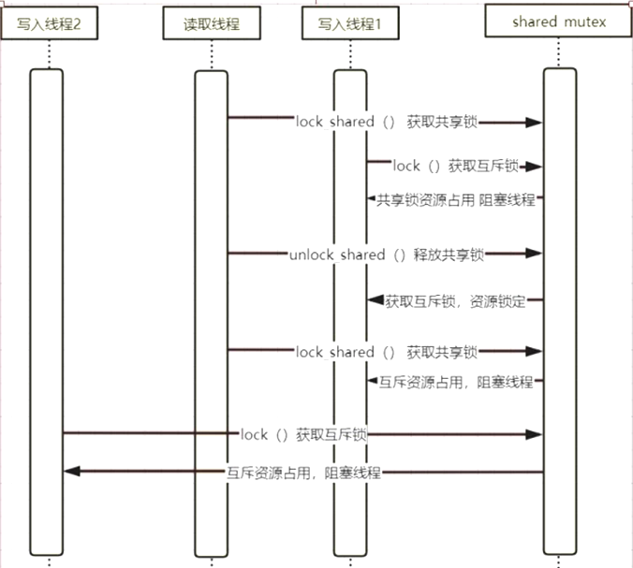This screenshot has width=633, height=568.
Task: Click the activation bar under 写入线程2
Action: [x=47, y=309]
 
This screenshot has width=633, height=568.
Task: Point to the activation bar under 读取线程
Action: [x=212, y=309]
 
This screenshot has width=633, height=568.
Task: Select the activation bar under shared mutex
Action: [x=559, y=309]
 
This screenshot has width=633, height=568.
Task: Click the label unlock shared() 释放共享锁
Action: [x=388, y=254]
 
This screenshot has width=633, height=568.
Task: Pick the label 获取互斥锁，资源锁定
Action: [x=456, y=300]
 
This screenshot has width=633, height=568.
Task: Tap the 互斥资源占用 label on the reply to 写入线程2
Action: [x=304, y=472]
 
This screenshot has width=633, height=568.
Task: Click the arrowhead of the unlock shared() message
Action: [x=535, y=253]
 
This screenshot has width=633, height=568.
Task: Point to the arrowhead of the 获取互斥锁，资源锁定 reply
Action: [x=375, y=301]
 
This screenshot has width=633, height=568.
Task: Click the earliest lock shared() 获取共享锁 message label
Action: [x=387, y=122]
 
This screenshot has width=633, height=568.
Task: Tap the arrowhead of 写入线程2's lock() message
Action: [x=535, y=434]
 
